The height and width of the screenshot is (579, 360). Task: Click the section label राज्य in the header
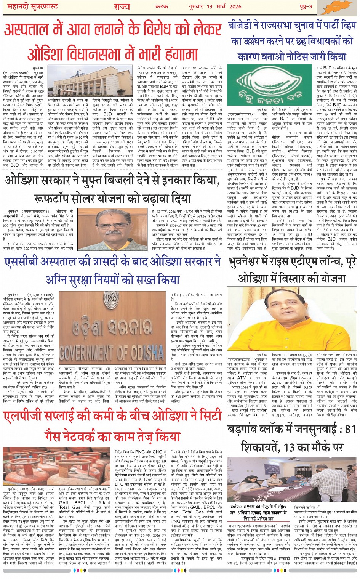coord(121,6)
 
